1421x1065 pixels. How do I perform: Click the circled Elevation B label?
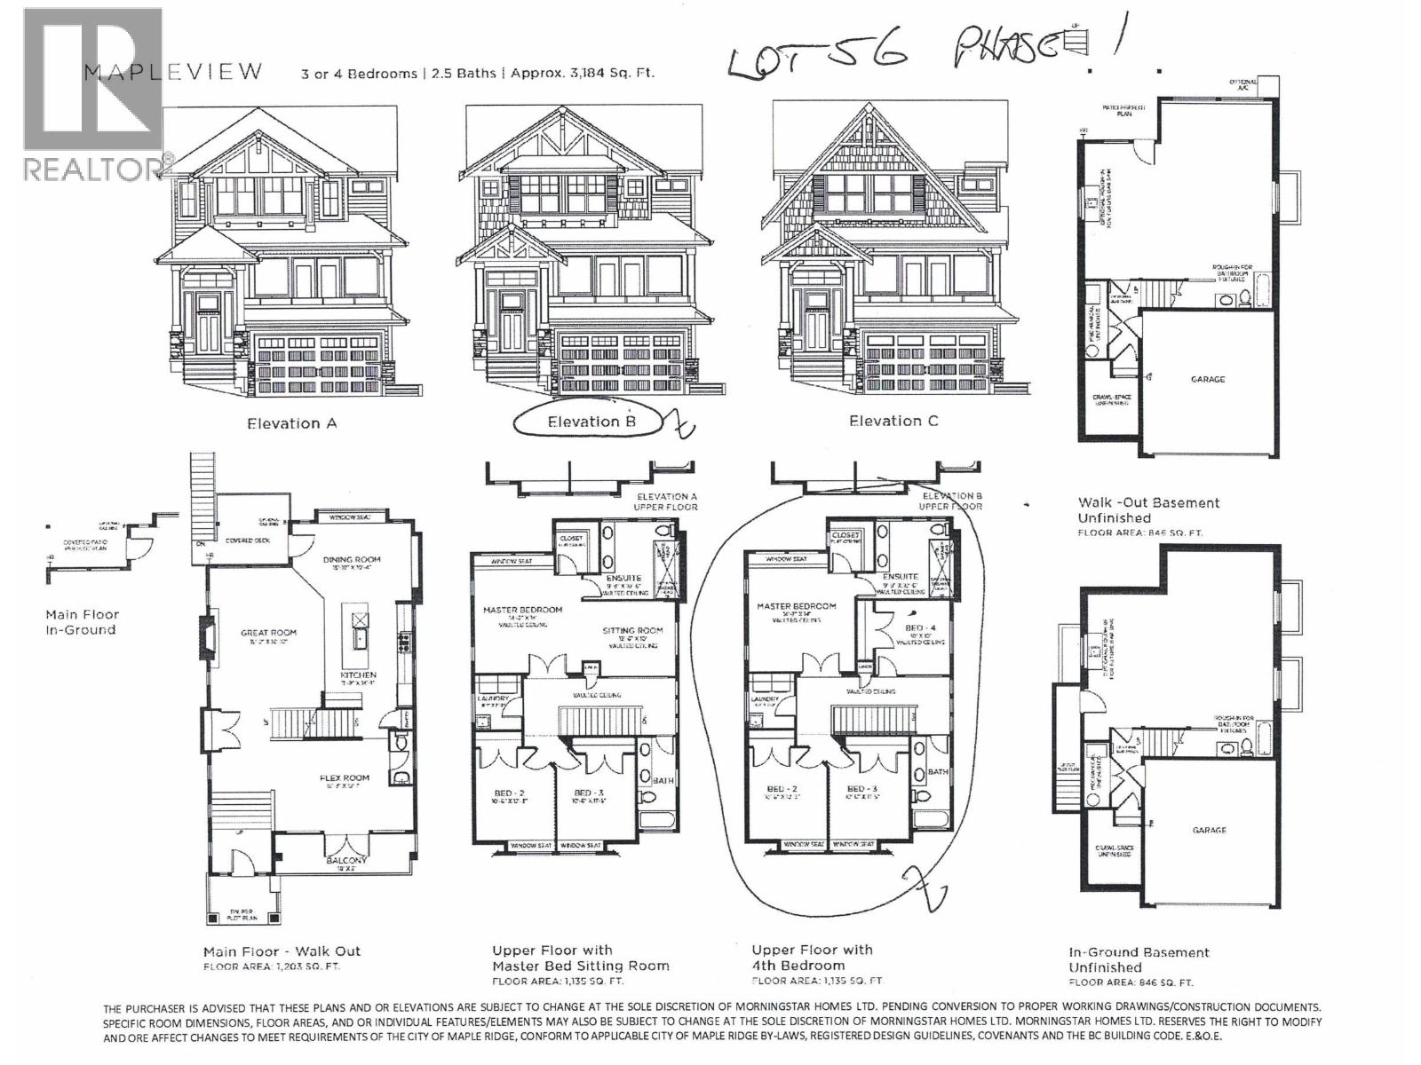591,422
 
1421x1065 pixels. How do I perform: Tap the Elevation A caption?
291,423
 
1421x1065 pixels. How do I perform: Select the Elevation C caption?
893,421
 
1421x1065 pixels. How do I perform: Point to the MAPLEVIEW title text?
173,72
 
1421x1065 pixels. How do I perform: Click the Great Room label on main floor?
268,634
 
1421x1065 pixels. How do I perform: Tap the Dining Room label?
352,560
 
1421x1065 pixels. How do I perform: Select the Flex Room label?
344,778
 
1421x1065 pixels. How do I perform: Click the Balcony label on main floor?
346,861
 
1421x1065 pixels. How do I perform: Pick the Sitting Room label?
632,631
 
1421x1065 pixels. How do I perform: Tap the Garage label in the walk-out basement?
1207,379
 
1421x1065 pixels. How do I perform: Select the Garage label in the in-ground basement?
1209,831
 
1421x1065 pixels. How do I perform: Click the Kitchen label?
359,675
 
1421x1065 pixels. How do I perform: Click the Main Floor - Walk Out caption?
282,951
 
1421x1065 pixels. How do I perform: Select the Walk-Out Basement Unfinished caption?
1147,509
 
